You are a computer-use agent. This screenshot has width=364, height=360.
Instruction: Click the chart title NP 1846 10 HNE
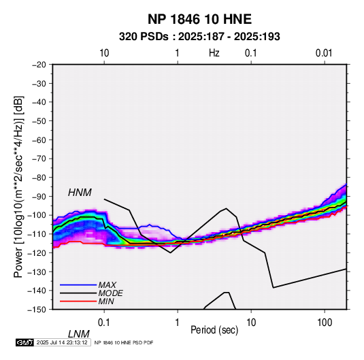[199, 19]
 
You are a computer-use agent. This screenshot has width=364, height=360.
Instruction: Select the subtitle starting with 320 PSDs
[199, 37]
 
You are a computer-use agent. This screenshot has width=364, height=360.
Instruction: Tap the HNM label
[80, 193]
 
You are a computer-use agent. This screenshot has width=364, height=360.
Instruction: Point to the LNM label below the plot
[79, 334]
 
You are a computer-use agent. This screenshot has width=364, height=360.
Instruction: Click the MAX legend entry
[107, 285]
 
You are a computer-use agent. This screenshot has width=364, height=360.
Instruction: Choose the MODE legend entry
[110, 293]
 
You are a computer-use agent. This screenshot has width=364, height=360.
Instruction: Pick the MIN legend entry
[106, 301]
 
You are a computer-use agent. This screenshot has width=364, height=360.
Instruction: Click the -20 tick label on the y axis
[39, 65]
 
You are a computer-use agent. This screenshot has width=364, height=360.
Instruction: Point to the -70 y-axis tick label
[39, 159]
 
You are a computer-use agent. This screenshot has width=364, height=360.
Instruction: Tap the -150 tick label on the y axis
[37, 310]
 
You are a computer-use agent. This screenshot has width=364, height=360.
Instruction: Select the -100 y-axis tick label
[37, 215]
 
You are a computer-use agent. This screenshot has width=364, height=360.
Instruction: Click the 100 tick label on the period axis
[325, 323]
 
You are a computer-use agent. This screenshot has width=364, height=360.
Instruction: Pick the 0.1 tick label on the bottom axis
[104, 323]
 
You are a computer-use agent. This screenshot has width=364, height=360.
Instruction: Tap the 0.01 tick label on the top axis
[324, 53]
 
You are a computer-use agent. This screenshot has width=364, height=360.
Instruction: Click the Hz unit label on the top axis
[214, 53]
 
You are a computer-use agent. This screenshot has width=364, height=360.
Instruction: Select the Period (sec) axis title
[214, 330]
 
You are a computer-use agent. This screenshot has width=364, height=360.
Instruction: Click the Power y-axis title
[18, 186]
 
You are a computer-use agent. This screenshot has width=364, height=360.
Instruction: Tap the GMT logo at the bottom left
[24, 342]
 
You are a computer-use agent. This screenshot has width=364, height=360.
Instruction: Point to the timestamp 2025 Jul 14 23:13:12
[62, 342]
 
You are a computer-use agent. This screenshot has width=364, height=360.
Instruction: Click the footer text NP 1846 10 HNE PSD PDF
[124, 342]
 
